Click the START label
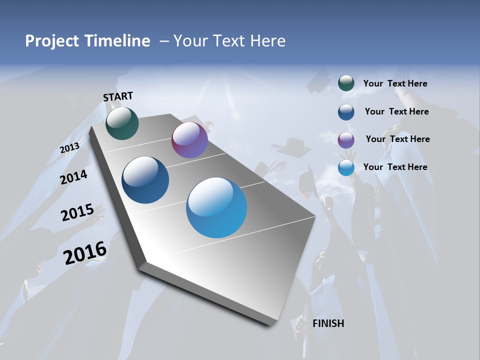pyautogui.click(x=118, y=96)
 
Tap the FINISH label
pyautogui.click(x=328, y=323)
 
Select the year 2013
pyautogui.click(x=69, y=148)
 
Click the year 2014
pyautogui.click(x=73, y=177)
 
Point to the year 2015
pyautogui.click(x=77, y=212)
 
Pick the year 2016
pyautogui.click(x=85, y=252)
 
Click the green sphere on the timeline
pyautogui.click(x=122, y=123)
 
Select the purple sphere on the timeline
pyautogui.click(x=189, y=140)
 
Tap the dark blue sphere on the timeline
pyautogui.click(x=145, y=180)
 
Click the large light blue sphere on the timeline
pyautogui.click(x=216, y=207)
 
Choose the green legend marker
pyautogui.click(x=346, y=83)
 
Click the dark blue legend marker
pyautogui.click(x=346, y=112)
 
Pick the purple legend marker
pyautogui.click(x=346, y=140)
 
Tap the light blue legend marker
pyautogui.click(x=346, y=167)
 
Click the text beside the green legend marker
pyautogui.click(x=395, y=84)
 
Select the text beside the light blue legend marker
pyautogui.click(x=395, y=167)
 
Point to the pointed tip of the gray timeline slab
pyautogui.click(x=270, y=325)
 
